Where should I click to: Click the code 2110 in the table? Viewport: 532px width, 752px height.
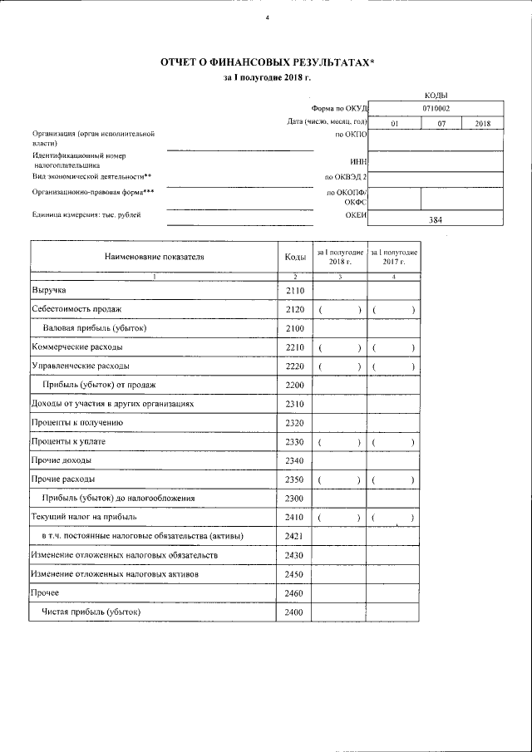pyautogui.click(x=295, y=290)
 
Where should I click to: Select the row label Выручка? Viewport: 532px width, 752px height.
pyautogui.click(x=48, y=290)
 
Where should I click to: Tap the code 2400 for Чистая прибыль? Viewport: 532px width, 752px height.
pyautogui.click(x=295, y=612)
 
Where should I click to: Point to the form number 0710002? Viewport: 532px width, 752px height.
pyautogui.click(x=436, y=108)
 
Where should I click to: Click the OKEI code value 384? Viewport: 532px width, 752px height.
pyautogui.click(x=436, y=220)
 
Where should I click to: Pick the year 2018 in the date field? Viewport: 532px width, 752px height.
pyautogui.click(x=484, y=124)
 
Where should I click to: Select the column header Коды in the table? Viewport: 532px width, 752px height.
pyautogui.click(x=295, y=257)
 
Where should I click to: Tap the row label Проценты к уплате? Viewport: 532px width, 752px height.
pyautogui.click(x=68, y=441)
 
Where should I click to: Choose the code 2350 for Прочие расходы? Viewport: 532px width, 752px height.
pyautogui.click(x=295, y=479)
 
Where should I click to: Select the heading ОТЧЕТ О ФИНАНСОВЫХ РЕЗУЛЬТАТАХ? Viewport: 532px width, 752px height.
pyautogui.click(x=267, y=62)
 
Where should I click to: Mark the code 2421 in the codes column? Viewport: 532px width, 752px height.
pyautogui.click(x=295, y=536)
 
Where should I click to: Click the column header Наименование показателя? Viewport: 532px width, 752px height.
pyautogui.click(x=154, y=257)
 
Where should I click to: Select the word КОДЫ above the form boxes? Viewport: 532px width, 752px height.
pyautogui.click(x=436, y=96)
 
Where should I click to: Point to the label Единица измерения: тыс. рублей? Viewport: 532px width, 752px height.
pyautogui.click(x=86, y=215)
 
